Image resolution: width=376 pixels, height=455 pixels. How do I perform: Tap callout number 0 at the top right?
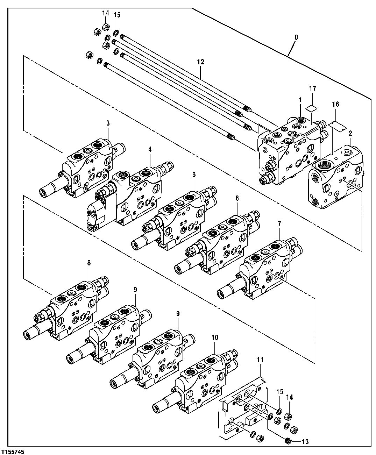point(296,37)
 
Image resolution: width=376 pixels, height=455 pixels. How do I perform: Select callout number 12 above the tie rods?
point(200,62)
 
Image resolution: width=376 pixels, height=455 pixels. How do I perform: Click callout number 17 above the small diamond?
point(313,89)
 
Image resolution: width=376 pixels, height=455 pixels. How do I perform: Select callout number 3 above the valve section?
point(108,123)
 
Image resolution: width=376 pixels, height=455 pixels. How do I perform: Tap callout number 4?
point(150,149)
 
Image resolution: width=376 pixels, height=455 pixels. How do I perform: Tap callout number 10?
point(214,337)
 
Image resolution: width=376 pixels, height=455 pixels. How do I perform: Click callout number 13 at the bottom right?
point(305,442)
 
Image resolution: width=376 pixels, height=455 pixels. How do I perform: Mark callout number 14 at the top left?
point(106,13)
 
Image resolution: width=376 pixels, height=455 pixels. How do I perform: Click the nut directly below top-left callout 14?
point(106,27)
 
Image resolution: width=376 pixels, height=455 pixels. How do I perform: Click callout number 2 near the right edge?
point(350,133)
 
